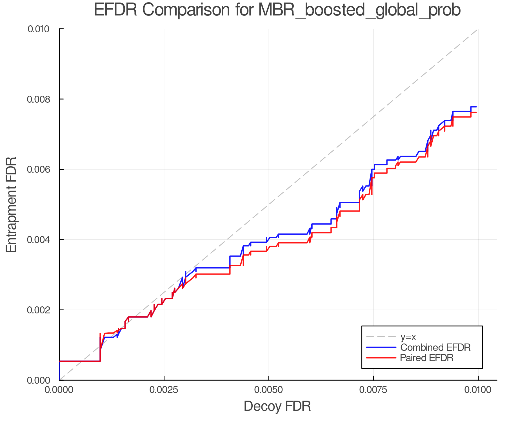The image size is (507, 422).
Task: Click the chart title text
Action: pyautogui.click(x=277, y=10)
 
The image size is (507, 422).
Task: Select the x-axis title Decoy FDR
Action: pyautogui.click(x=277, y=406)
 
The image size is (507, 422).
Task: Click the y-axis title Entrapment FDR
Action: pyautogui.click(x=11, y=205)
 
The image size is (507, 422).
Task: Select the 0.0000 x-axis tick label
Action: pyautogui.click(x=59, y=390)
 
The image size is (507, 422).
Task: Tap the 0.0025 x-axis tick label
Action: pyautogui.click(x=164, y=390)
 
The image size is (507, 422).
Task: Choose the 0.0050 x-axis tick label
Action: pyautogui.click(x=269, y=390)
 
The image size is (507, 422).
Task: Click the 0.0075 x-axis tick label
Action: pyautogui.click(x=373, y=390)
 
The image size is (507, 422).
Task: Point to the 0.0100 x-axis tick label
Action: pyautogui.click(x=478, y=390)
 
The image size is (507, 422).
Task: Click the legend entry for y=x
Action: pyautogui.click(x=408, y=337)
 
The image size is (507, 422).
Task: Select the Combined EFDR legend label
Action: pyautogui.click(x=435, y=347)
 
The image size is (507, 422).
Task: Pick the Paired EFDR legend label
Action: pyautogui.click(x=427, y=358)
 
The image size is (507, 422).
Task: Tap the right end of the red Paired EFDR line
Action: pyautogui.click(x=476, y=113)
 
